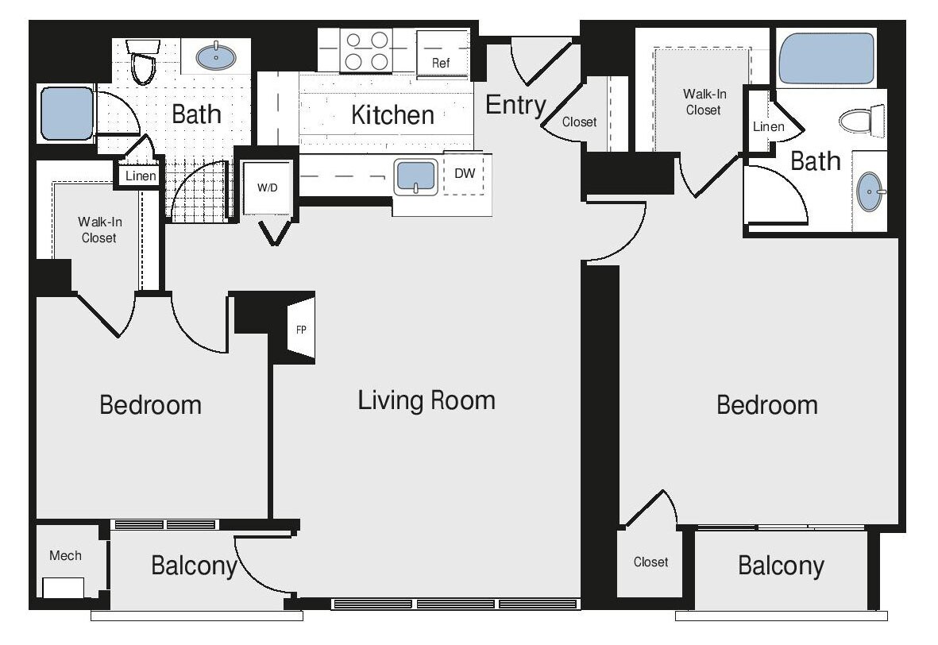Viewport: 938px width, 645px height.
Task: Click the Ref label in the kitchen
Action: [x=442, y=63]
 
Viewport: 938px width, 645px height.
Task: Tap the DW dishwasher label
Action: [x=464, y=172]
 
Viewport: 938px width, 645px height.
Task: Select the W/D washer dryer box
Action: [x=266, y=187]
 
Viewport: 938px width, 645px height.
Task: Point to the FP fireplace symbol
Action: [x=302, y=329]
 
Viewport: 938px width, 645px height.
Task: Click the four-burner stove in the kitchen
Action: [x=366, y=51]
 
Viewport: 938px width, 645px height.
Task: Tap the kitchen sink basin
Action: [x=416, y=176]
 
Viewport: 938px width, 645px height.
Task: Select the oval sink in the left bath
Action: [x=215, y=56]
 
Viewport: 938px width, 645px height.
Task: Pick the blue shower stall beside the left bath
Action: [x=67, y=114]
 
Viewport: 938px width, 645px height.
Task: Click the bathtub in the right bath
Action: [x=827, y=58]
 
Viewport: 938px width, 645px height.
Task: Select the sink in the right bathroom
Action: [x=871, y=191]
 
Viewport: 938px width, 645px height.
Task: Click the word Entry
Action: [x=515, y=105]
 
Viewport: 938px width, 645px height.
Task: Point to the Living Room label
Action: [x=427, y=400]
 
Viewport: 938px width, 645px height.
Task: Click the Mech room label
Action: [x=65, y=555]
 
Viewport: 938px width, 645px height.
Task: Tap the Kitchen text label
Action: [x=392, y=114]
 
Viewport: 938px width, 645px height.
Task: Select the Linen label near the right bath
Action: [x=768, y=126]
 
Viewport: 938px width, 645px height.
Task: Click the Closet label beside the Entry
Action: [x=579, y=122]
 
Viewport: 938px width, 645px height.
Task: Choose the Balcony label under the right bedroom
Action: [x=781, y=566]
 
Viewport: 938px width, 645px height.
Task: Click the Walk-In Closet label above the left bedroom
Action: [x=98, y=230]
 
